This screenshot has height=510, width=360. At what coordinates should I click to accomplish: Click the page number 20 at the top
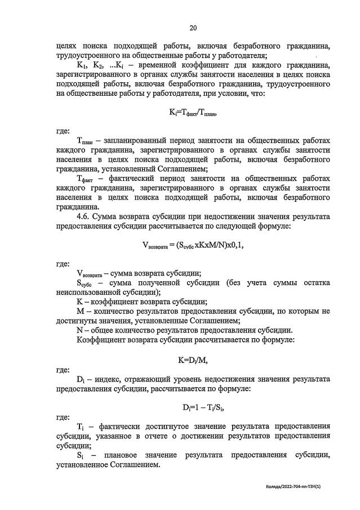pos(193,28)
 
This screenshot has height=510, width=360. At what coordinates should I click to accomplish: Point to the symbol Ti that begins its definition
pos(79,427)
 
